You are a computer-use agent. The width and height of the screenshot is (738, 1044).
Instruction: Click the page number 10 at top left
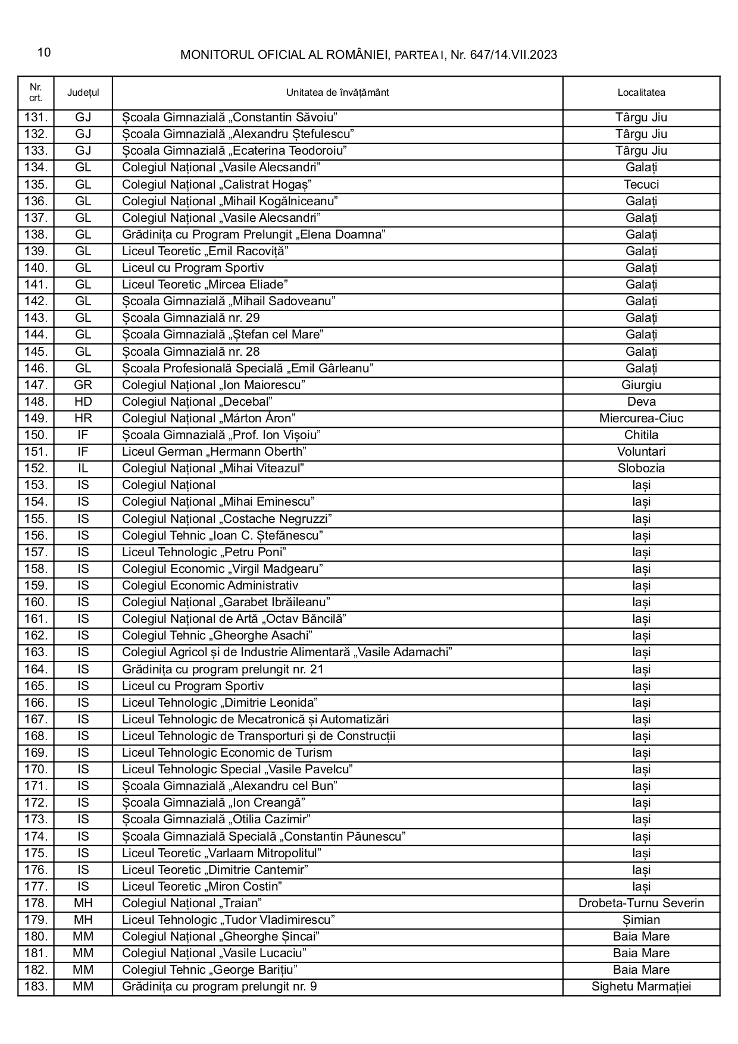click(44, 53)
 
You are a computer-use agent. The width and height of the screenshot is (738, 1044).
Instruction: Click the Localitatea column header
click(641, 93)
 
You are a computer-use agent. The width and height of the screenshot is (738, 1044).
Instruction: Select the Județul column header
click(83, 93)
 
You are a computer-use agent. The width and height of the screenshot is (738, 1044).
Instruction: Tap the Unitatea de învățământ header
click(337, 93)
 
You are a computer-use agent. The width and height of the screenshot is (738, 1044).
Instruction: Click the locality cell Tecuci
click(641, 184)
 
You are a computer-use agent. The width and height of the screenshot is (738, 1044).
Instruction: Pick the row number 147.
click(36, 385)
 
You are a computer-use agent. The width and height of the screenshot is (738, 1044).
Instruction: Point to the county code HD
click(83, 402)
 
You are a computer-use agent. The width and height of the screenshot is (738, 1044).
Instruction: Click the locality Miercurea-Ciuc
click(641, 418)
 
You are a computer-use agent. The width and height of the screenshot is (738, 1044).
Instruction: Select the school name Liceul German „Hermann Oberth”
click(214, 452)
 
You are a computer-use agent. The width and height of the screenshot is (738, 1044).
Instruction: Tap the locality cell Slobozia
click(641, 468)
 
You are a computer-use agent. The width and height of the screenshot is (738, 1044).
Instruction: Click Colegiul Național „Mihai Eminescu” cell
click(218, 501)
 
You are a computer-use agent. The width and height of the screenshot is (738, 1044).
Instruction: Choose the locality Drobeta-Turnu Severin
click(641, 903)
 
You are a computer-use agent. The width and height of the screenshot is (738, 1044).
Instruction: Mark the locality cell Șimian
click(641, 920)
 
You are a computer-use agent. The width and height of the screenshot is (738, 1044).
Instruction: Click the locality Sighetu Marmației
click(641, 987)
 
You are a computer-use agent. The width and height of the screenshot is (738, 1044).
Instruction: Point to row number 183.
click(36, 987)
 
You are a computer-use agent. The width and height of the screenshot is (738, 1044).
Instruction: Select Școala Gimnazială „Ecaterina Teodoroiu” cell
click(234, 151)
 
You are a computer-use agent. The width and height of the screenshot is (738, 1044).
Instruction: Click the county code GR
click(83, 385)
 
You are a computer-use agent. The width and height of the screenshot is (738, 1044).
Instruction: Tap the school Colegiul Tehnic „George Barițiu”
click(209, 970)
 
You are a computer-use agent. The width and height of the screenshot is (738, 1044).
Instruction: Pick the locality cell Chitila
click(641, 435)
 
